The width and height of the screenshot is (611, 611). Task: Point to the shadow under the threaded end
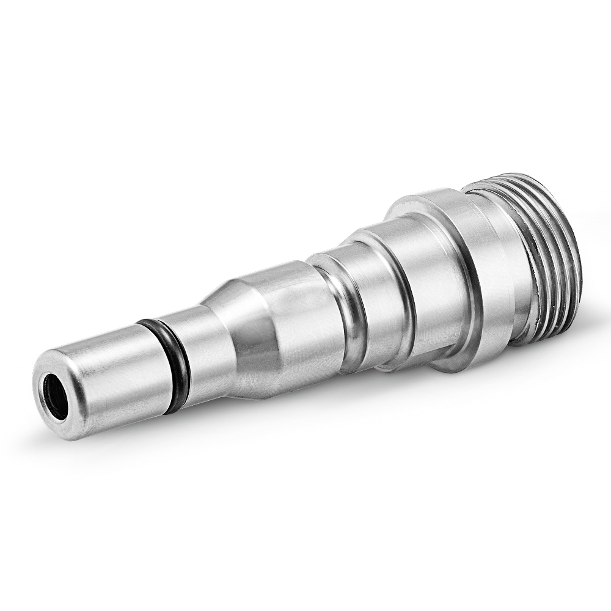pyautogui.click(x=519, y=367)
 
